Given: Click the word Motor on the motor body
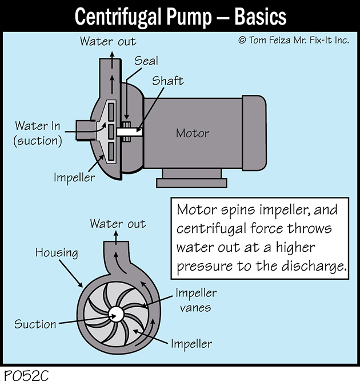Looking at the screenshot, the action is [x=192, y=133].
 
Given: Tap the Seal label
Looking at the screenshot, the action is [x=146, y=61].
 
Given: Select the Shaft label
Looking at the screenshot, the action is [x=168, y=81].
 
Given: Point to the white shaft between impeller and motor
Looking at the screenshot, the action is [x=129, y=132].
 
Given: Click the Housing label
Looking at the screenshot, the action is [x=57, y=253].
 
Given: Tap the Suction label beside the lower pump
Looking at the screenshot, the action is [x=35, y=324].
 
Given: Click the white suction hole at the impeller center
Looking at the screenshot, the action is [x=116, y=314].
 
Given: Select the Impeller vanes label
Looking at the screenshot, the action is [x=196, y=300].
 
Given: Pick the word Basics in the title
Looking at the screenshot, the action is [x=260, y=17].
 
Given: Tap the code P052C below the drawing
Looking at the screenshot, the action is [x=26, y=375].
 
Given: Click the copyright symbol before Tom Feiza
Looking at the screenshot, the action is [x=242, y=40].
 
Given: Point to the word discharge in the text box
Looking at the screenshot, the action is [x=314, y=266].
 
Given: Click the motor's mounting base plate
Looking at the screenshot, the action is [x=192, y=182].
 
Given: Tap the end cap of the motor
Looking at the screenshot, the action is [x=254, y=133].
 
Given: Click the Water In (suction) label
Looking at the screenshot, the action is [x=38, y=133].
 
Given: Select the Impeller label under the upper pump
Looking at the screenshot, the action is [x=74, y=177].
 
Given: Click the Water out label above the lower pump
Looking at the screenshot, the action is [x=118, y=224].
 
